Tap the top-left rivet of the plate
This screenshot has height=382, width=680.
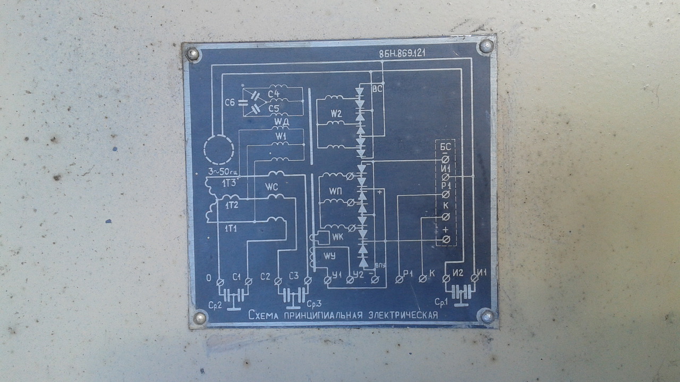[192, 54]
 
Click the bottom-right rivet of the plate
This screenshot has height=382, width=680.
[487, 316]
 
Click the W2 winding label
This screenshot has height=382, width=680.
[336, 114]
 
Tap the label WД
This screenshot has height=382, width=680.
[282, 123]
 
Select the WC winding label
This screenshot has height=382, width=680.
[271, 187]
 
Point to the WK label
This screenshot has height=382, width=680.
[338, 236]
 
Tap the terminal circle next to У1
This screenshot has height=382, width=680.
[327, 279]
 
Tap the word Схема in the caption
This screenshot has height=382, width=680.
[264, 316]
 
